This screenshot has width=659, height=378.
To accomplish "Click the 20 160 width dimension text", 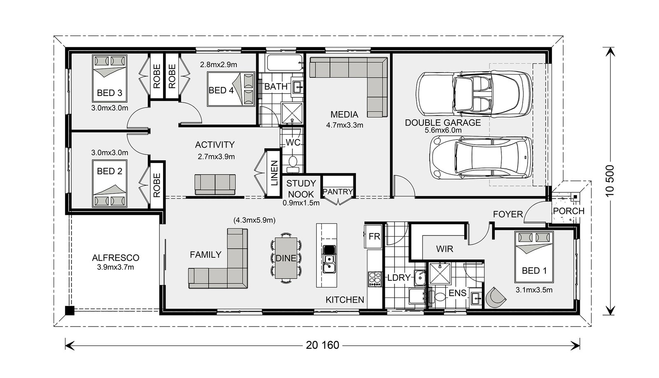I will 322,345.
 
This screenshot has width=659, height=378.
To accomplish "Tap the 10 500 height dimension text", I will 610,181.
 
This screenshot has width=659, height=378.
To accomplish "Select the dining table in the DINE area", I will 285,258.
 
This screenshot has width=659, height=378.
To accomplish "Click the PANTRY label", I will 338,191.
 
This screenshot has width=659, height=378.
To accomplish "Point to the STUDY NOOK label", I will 301,189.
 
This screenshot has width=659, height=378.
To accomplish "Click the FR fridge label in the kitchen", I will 374,237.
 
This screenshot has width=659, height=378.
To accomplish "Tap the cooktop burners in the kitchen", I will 374,279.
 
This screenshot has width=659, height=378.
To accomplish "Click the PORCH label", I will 568,211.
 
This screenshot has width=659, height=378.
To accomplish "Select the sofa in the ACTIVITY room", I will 215,184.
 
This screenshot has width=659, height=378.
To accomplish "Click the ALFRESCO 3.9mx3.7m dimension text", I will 115,267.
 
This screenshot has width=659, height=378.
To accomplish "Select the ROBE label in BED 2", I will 157,185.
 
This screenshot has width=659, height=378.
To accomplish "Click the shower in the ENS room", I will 439,273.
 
